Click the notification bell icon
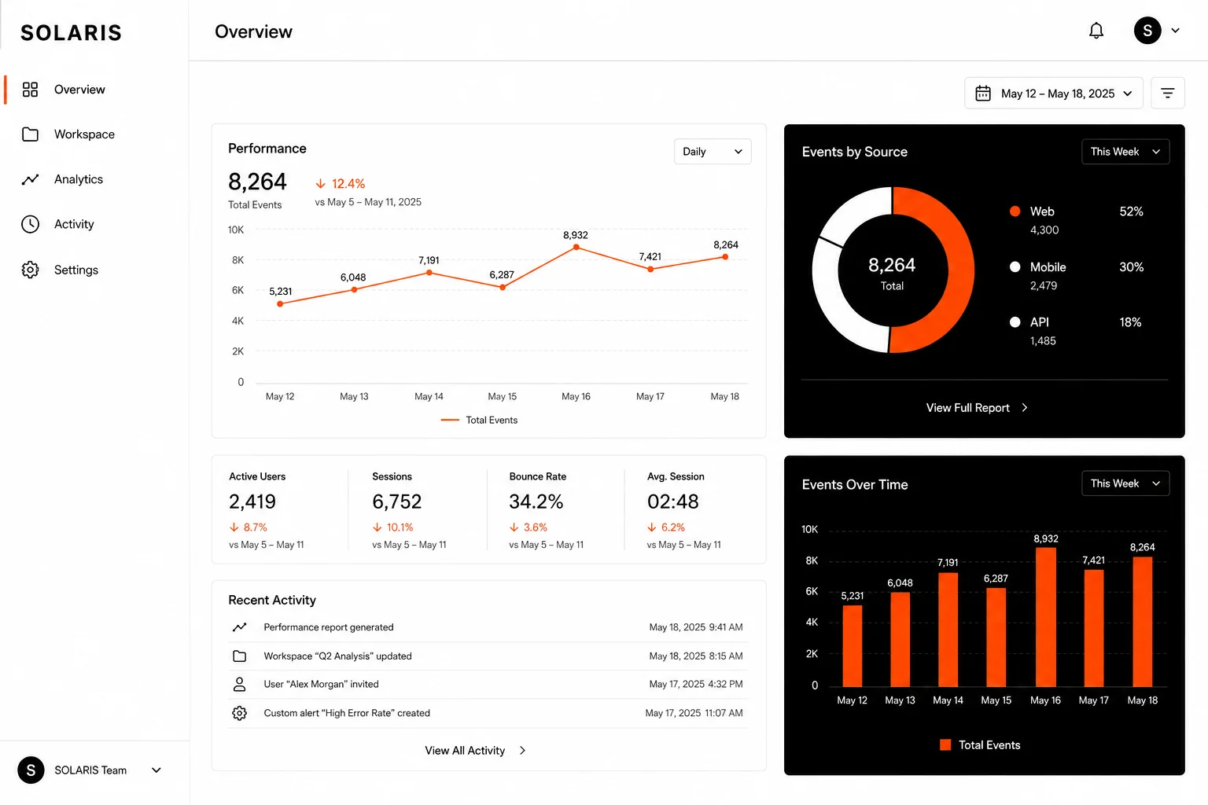tap(1096, 31)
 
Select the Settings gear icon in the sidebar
tap(30, 270)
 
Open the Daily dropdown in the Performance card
tap(713, 152)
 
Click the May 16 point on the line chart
tap(576, 247)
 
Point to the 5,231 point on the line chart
tap(280, 304)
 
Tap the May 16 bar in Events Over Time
tap(1046, 617)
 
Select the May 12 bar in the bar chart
tap(852, 646)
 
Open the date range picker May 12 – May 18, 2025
tap(1053, 94)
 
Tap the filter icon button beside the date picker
tap(1168, 94)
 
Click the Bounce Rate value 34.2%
tap(536, 502)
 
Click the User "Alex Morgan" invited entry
tap(321, 684)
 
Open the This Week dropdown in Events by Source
tap(1125, 152)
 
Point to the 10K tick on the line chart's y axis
tap(236, 230)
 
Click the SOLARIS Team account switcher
tap(90, 770)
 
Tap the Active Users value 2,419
tap(252, 502)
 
